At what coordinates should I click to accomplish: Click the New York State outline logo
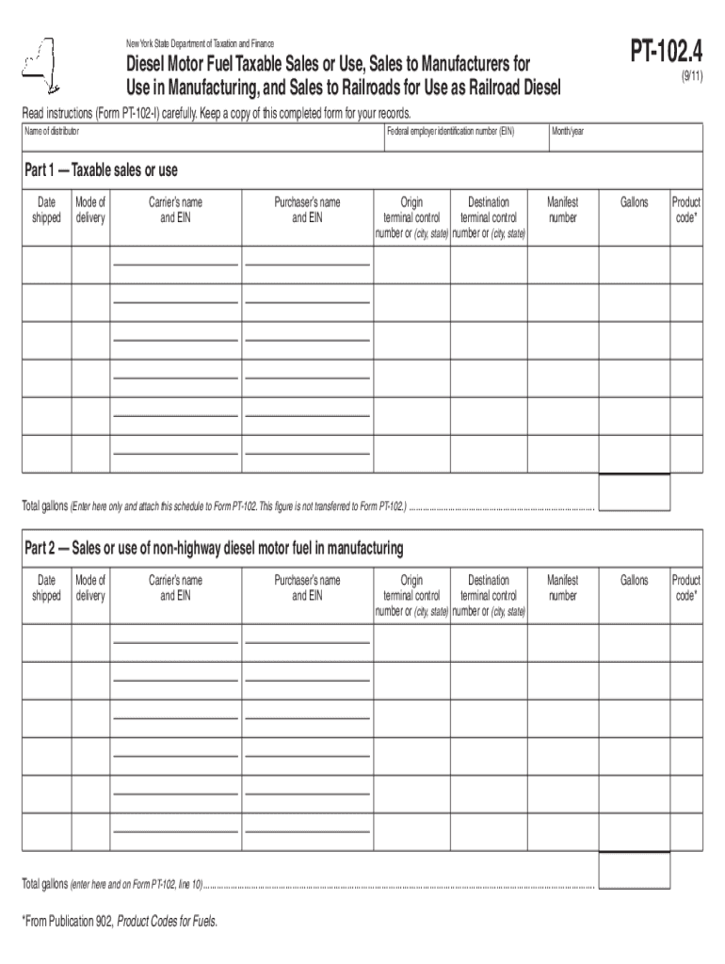tap(37, 65)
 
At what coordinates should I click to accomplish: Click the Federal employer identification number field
tap(465, 138)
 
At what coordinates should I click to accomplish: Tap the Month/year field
tap(625, 138)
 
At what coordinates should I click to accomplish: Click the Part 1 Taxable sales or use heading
tap(101, 170)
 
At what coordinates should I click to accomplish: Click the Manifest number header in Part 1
tap(562, 210)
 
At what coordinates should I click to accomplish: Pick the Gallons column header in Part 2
tap(634, 580)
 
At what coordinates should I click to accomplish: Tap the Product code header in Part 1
tap(685, 210)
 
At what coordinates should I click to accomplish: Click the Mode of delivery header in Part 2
tap(90, 588)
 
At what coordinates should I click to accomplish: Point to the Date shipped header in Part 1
tap(46, 210)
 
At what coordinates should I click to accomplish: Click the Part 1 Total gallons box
tap(634, 491)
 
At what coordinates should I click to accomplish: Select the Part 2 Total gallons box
tap(634, 870)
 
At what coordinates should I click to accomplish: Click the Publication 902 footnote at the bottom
tap(119, 922)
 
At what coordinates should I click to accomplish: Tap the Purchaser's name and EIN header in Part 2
tap(307, 588)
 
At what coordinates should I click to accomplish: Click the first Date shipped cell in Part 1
tap(46, 265)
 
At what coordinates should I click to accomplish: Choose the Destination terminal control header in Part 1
tap(488, 217)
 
